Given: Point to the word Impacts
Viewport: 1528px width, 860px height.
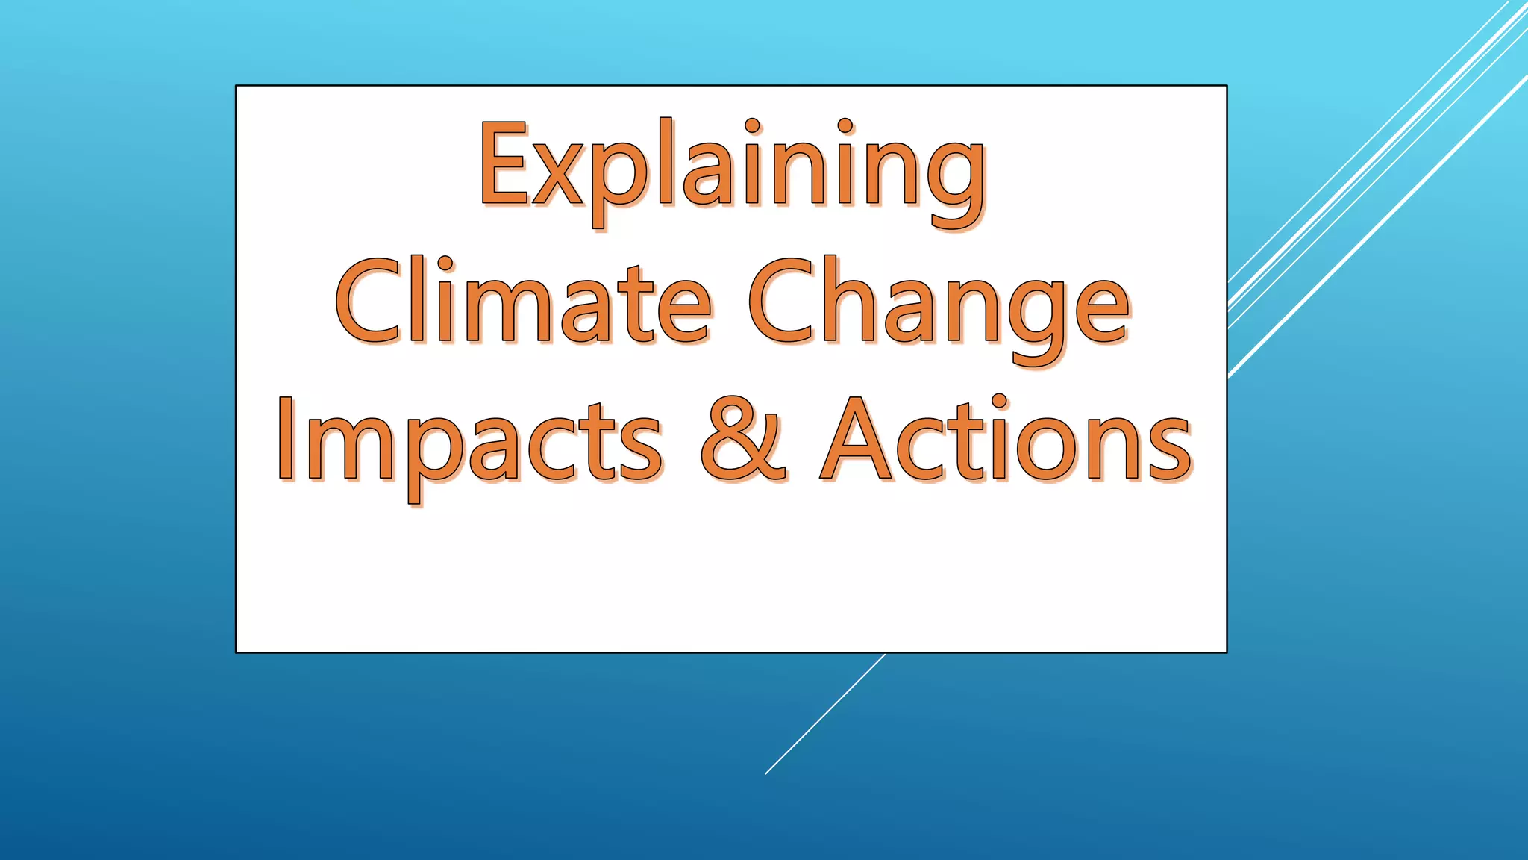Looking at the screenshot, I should [469, 440].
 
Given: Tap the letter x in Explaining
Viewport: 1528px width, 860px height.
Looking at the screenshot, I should [556, 175].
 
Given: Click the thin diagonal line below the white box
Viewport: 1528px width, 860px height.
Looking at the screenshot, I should [824, 714].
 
